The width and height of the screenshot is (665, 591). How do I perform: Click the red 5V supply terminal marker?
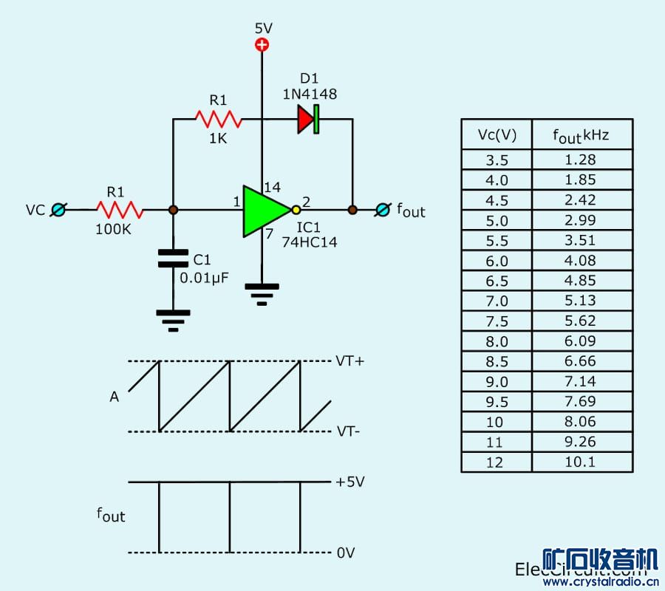point(262,45)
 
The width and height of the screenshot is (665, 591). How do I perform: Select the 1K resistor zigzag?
point(218,118)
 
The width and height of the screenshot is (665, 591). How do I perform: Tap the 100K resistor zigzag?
point(119,210)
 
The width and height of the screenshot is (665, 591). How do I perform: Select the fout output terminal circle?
point(381,210)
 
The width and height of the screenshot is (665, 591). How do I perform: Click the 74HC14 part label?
point(309,242)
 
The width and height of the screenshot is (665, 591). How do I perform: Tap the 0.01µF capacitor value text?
point(204,278)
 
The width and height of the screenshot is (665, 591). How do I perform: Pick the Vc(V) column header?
point(497,134)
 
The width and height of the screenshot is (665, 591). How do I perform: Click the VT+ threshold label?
point(350,361)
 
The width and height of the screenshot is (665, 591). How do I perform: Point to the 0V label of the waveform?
point(346,553)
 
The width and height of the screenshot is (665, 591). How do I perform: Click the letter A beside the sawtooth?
point(114,397)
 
